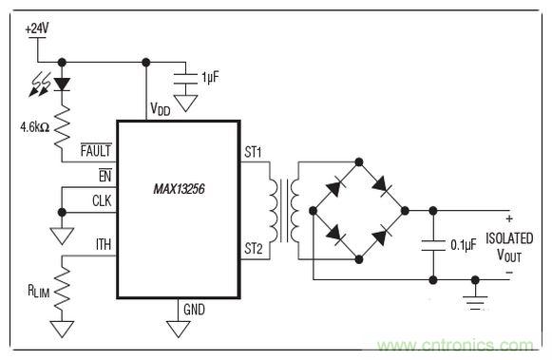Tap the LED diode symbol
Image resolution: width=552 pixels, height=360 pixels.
(x=63, y=84)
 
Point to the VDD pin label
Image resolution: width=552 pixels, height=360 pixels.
(x=162, y=109)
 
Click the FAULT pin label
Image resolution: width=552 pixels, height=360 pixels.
(x=97, y=149)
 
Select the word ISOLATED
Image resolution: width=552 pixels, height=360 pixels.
(x=509, y=237)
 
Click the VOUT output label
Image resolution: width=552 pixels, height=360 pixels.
(x=509, y=256)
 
